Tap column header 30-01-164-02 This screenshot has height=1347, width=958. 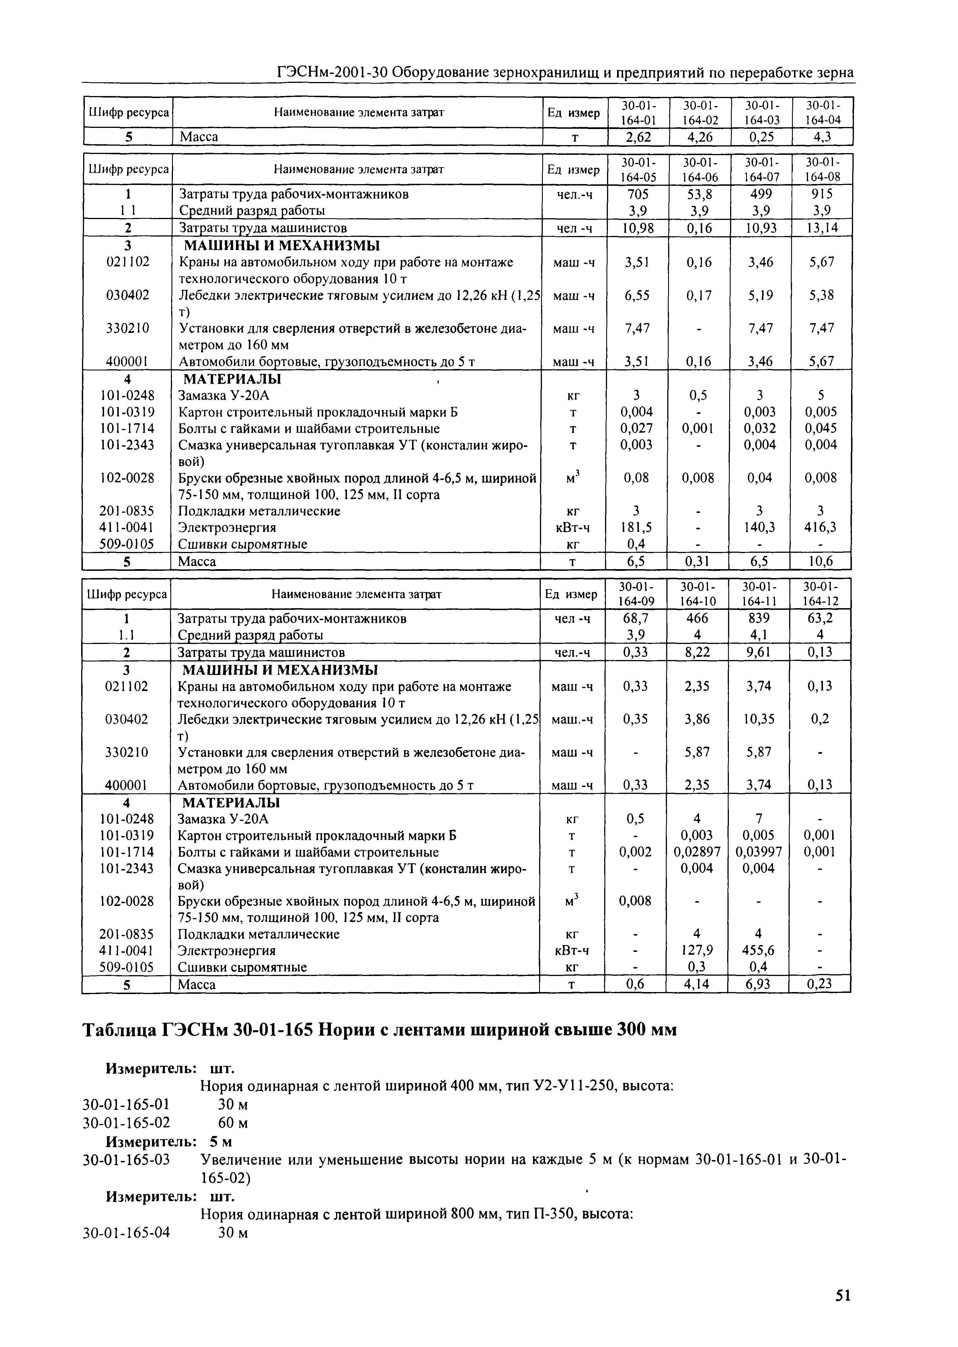pos(700,112)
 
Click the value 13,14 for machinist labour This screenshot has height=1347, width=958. pos(822,228)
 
